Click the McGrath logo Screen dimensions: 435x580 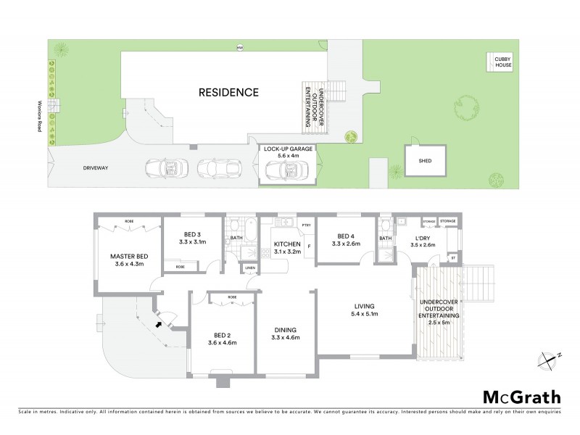pos(522,397)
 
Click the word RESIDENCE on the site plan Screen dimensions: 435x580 pos(229,92)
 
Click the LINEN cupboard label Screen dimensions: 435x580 pos(250,268)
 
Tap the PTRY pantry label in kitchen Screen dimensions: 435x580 pos(307,225)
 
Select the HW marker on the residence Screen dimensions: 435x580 pos(240,49)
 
